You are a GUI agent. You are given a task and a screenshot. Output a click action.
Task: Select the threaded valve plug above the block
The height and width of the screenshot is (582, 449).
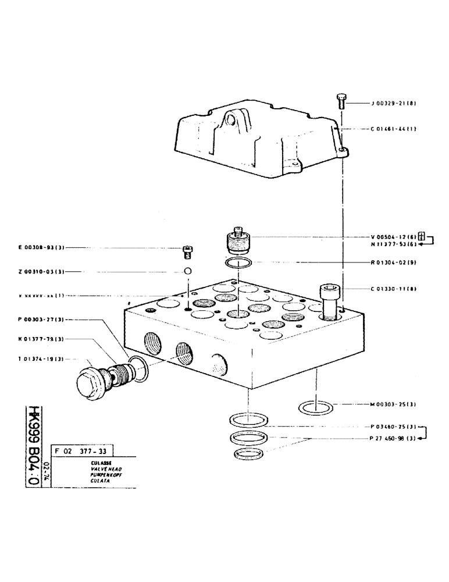[x=237, y=240]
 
